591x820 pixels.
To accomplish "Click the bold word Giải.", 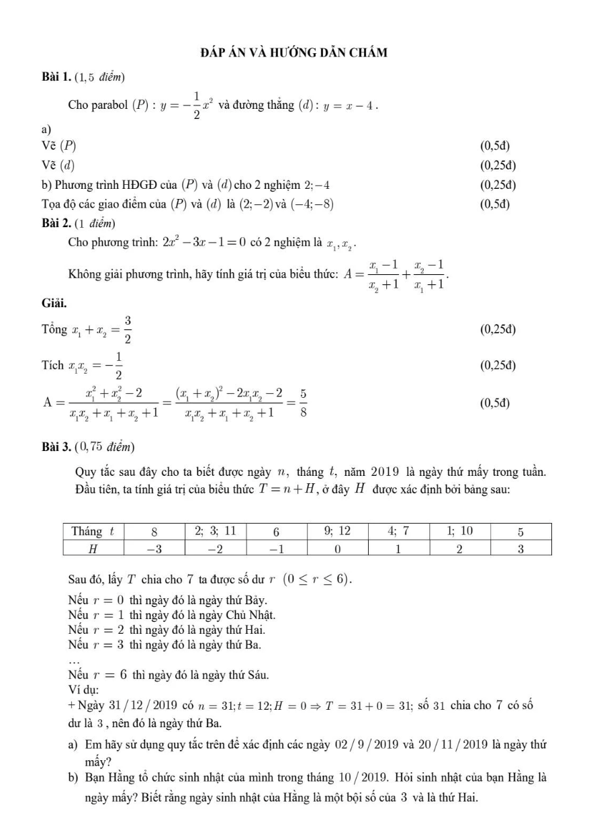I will click(x=54, y=302).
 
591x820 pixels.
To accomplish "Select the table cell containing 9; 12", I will click(x=337, y=530).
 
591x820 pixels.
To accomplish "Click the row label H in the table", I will click(x=94, y=548).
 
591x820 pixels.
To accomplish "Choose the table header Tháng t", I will click(x=94, y=530).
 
